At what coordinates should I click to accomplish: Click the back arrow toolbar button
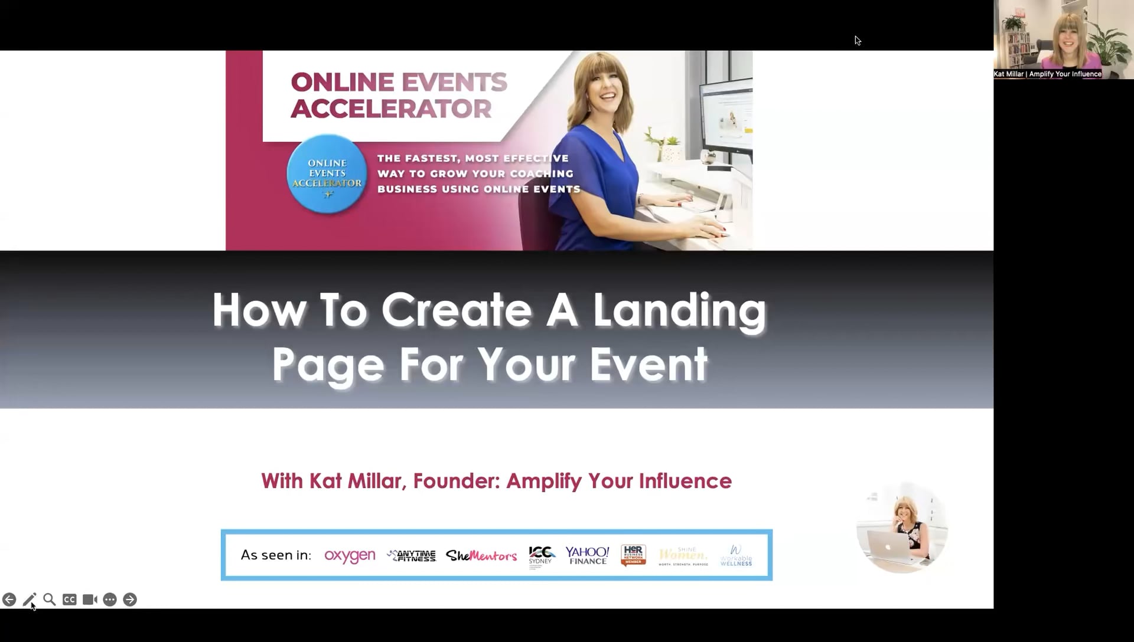pyautogui.click(x=9, y=600)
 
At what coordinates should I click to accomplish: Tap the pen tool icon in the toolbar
pyautogui.click(x=30, y=600)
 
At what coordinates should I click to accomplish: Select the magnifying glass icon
pyautogui.click(x=50, y=600)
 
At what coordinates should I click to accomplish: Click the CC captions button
pyautogui.click(x=70, y=600)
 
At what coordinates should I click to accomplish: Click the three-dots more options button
pyautogui.click(x=110, y=600)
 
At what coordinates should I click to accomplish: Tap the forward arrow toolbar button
pyautogui.click(x=130, y=600)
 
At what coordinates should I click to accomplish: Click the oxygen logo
pyautogui.click(x=350, y=556)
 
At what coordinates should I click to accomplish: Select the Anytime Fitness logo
pyautogui.click(x=412, y=556)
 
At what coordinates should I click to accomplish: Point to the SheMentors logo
pyautogui.click(x=481, y=556)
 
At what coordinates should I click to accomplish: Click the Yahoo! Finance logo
pyautogui.click(x=587, y=555)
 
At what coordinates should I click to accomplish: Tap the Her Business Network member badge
pyautogui.click(x=633, y=555)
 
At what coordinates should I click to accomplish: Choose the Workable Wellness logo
pyautogui.click(x=736, y=556)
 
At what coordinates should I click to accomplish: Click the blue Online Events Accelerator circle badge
pyautogui.click(x=327, y=173)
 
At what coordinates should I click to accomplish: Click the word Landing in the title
pyautogui.click(x=679, y=310)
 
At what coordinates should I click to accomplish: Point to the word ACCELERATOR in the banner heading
pyautogui.click(x=391, y=109)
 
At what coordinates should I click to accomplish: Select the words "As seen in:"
pyautogui.click(x=276, y=555)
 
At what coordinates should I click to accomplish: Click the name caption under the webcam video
pyautogui.click(x=1047, y=74)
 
